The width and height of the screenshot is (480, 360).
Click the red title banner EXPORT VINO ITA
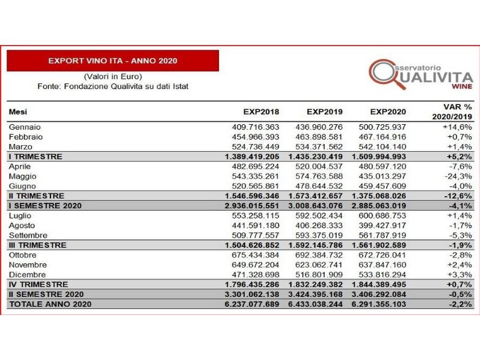click(113, 61)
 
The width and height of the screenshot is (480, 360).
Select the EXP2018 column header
click(261, 112)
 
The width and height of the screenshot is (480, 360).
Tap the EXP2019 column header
click(325, 112)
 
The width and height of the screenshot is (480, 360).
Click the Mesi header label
click(18, 112)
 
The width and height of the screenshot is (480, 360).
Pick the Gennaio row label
click(25, 127)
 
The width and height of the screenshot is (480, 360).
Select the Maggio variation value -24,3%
click(458, 176)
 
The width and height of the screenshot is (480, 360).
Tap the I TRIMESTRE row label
click(35, 157)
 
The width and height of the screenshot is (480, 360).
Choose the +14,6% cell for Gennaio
click(458, 127)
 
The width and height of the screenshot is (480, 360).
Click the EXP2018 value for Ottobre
click(256, 254)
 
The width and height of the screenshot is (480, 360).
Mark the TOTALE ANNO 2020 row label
click(47, 304)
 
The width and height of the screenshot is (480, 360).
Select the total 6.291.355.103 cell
click(378, 304)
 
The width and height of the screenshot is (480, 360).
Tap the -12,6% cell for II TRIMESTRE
click(458, 196)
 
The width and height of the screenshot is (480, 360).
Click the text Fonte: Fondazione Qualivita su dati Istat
click(113, 86)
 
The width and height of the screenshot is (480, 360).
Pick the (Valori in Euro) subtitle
click(113, 76)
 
